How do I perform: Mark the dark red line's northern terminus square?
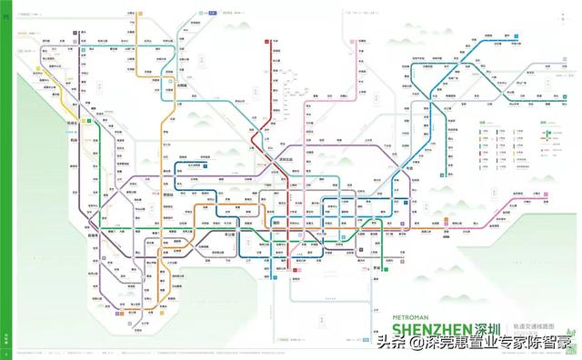coord(266,42)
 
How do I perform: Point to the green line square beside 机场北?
coord(88,120)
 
